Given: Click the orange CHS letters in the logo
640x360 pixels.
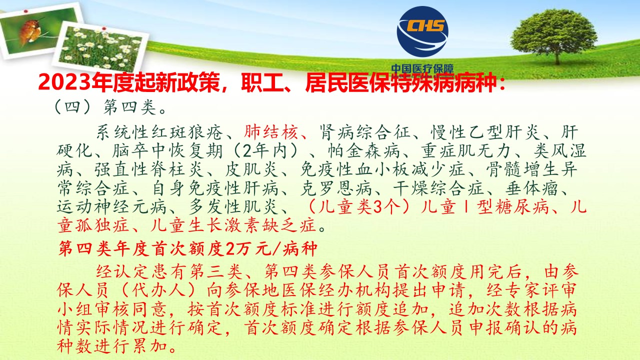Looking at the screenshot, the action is [425, 25].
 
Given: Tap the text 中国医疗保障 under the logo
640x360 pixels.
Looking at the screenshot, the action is [422, 69].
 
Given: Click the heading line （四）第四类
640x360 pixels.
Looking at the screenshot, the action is [110, 107].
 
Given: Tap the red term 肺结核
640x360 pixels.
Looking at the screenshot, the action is [271, 132].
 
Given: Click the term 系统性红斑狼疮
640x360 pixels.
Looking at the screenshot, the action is [159, 132].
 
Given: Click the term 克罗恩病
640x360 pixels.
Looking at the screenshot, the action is [336, 188].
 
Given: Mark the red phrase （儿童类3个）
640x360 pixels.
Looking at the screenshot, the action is [358, 207].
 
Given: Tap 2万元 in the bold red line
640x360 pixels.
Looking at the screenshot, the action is [248, 249].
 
